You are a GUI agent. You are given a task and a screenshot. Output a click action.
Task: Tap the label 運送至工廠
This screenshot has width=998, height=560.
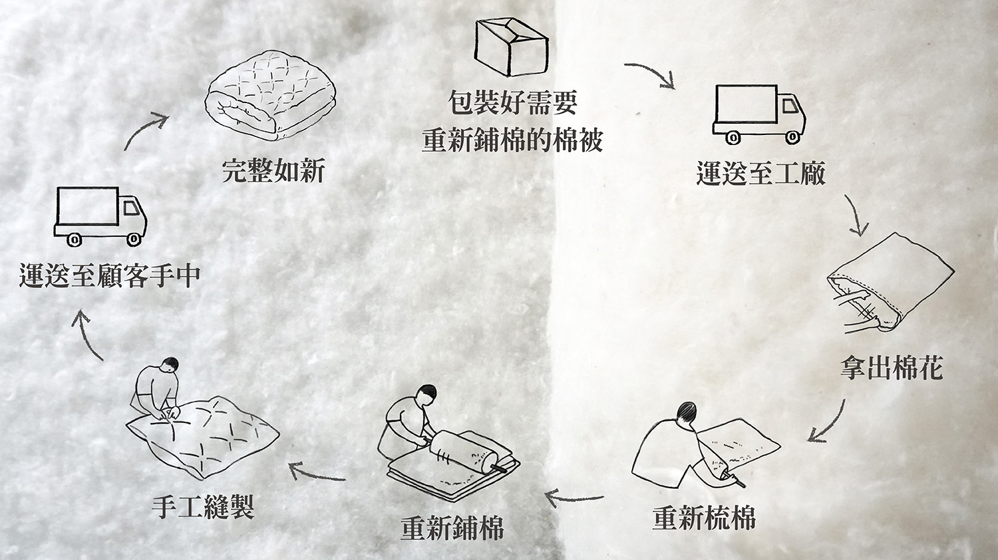point(760,173)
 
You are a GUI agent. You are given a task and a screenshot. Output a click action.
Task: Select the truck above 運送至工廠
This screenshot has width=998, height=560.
point(758,113)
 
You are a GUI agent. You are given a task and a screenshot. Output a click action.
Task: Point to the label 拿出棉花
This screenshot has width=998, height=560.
point(892,368)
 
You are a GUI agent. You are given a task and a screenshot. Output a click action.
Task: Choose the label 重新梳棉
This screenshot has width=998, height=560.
point(704,518)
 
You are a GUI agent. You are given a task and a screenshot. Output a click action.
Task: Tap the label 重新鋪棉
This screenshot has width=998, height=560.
point(452,528)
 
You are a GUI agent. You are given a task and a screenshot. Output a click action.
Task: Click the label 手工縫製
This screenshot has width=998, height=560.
point(203,507)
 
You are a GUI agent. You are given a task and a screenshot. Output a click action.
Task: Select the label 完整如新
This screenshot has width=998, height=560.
point(273,171)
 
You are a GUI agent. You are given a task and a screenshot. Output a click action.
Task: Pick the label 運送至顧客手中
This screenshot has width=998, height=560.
point(110,275)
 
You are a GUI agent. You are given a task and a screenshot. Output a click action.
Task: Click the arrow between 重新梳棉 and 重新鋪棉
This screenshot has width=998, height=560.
point(574,497)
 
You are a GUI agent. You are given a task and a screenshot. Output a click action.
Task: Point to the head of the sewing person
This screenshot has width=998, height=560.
point(170,364)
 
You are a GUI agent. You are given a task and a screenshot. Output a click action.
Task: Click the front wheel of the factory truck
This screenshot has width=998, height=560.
point(792,138)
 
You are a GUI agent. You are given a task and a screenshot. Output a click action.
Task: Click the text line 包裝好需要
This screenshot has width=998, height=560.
point(512,103)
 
